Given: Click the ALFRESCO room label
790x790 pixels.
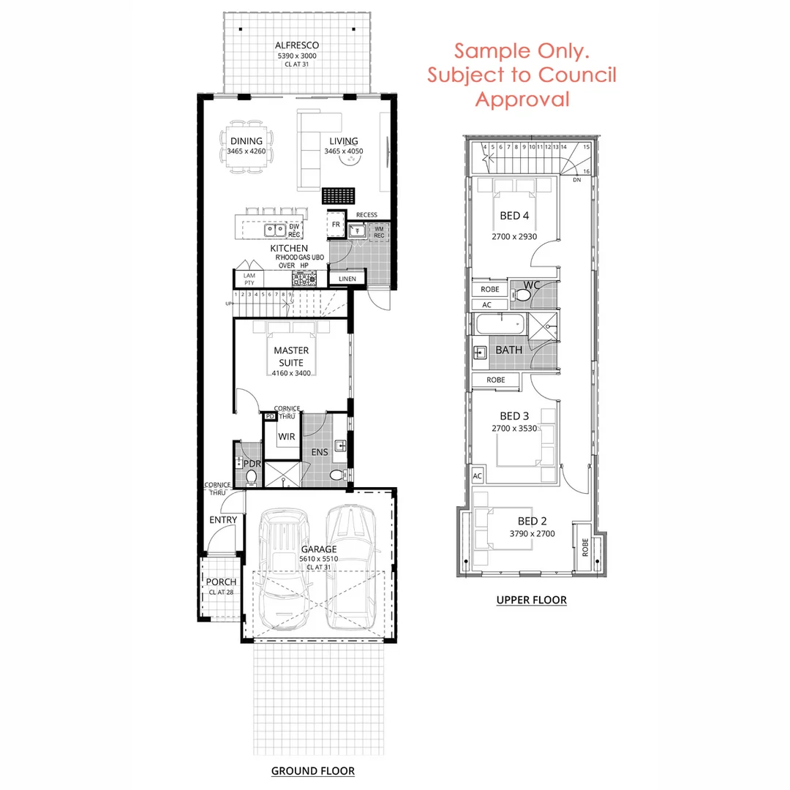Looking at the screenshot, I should coord(297,45).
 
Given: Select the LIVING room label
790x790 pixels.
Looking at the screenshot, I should coord(344,141).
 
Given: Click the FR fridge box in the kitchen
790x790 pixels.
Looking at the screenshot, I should coord(336,225).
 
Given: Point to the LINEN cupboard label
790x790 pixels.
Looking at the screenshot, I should coord(347,279).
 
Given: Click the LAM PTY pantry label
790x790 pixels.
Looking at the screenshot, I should coord(249,279).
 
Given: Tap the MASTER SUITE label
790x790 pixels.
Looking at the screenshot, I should coord(291,355).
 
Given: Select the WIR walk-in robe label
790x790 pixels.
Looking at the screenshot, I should coord(286,437).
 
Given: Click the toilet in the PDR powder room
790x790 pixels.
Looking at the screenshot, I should coord(252,477).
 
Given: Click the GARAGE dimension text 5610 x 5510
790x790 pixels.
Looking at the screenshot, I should coord(319,558).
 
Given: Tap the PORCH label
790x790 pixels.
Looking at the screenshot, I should coord(221,582).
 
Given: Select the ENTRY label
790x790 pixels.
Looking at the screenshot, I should coord(223,520).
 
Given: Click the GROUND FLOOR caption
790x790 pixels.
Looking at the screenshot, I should coord(312,770).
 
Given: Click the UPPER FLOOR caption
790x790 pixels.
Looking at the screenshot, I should coord(531,600).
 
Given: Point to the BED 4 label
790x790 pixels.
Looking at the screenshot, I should coord(514,215).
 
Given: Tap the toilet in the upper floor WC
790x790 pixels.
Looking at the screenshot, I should coord(522,295).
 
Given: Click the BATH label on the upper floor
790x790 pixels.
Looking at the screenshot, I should coord(509,350).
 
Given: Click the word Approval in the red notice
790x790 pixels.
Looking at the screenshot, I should coord(522,99).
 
